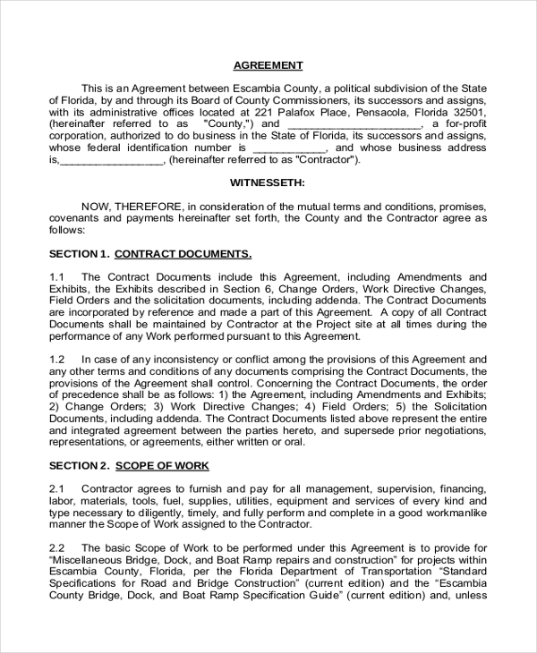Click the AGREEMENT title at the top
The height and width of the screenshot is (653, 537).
point(268,65)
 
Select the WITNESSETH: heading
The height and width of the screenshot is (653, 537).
point(268,182)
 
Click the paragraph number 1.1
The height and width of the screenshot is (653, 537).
point(57,277)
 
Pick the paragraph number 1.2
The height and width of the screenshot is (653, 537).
point(57,359)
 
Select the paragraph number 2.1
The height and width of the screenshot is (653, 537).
point(57,488)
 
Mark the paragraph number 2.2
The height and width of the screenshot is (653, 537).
point(57,547)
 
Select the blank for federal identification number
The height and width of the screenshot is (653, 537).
point(289,148)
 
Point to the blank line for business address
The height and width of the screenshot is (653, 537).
point(111,161)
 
